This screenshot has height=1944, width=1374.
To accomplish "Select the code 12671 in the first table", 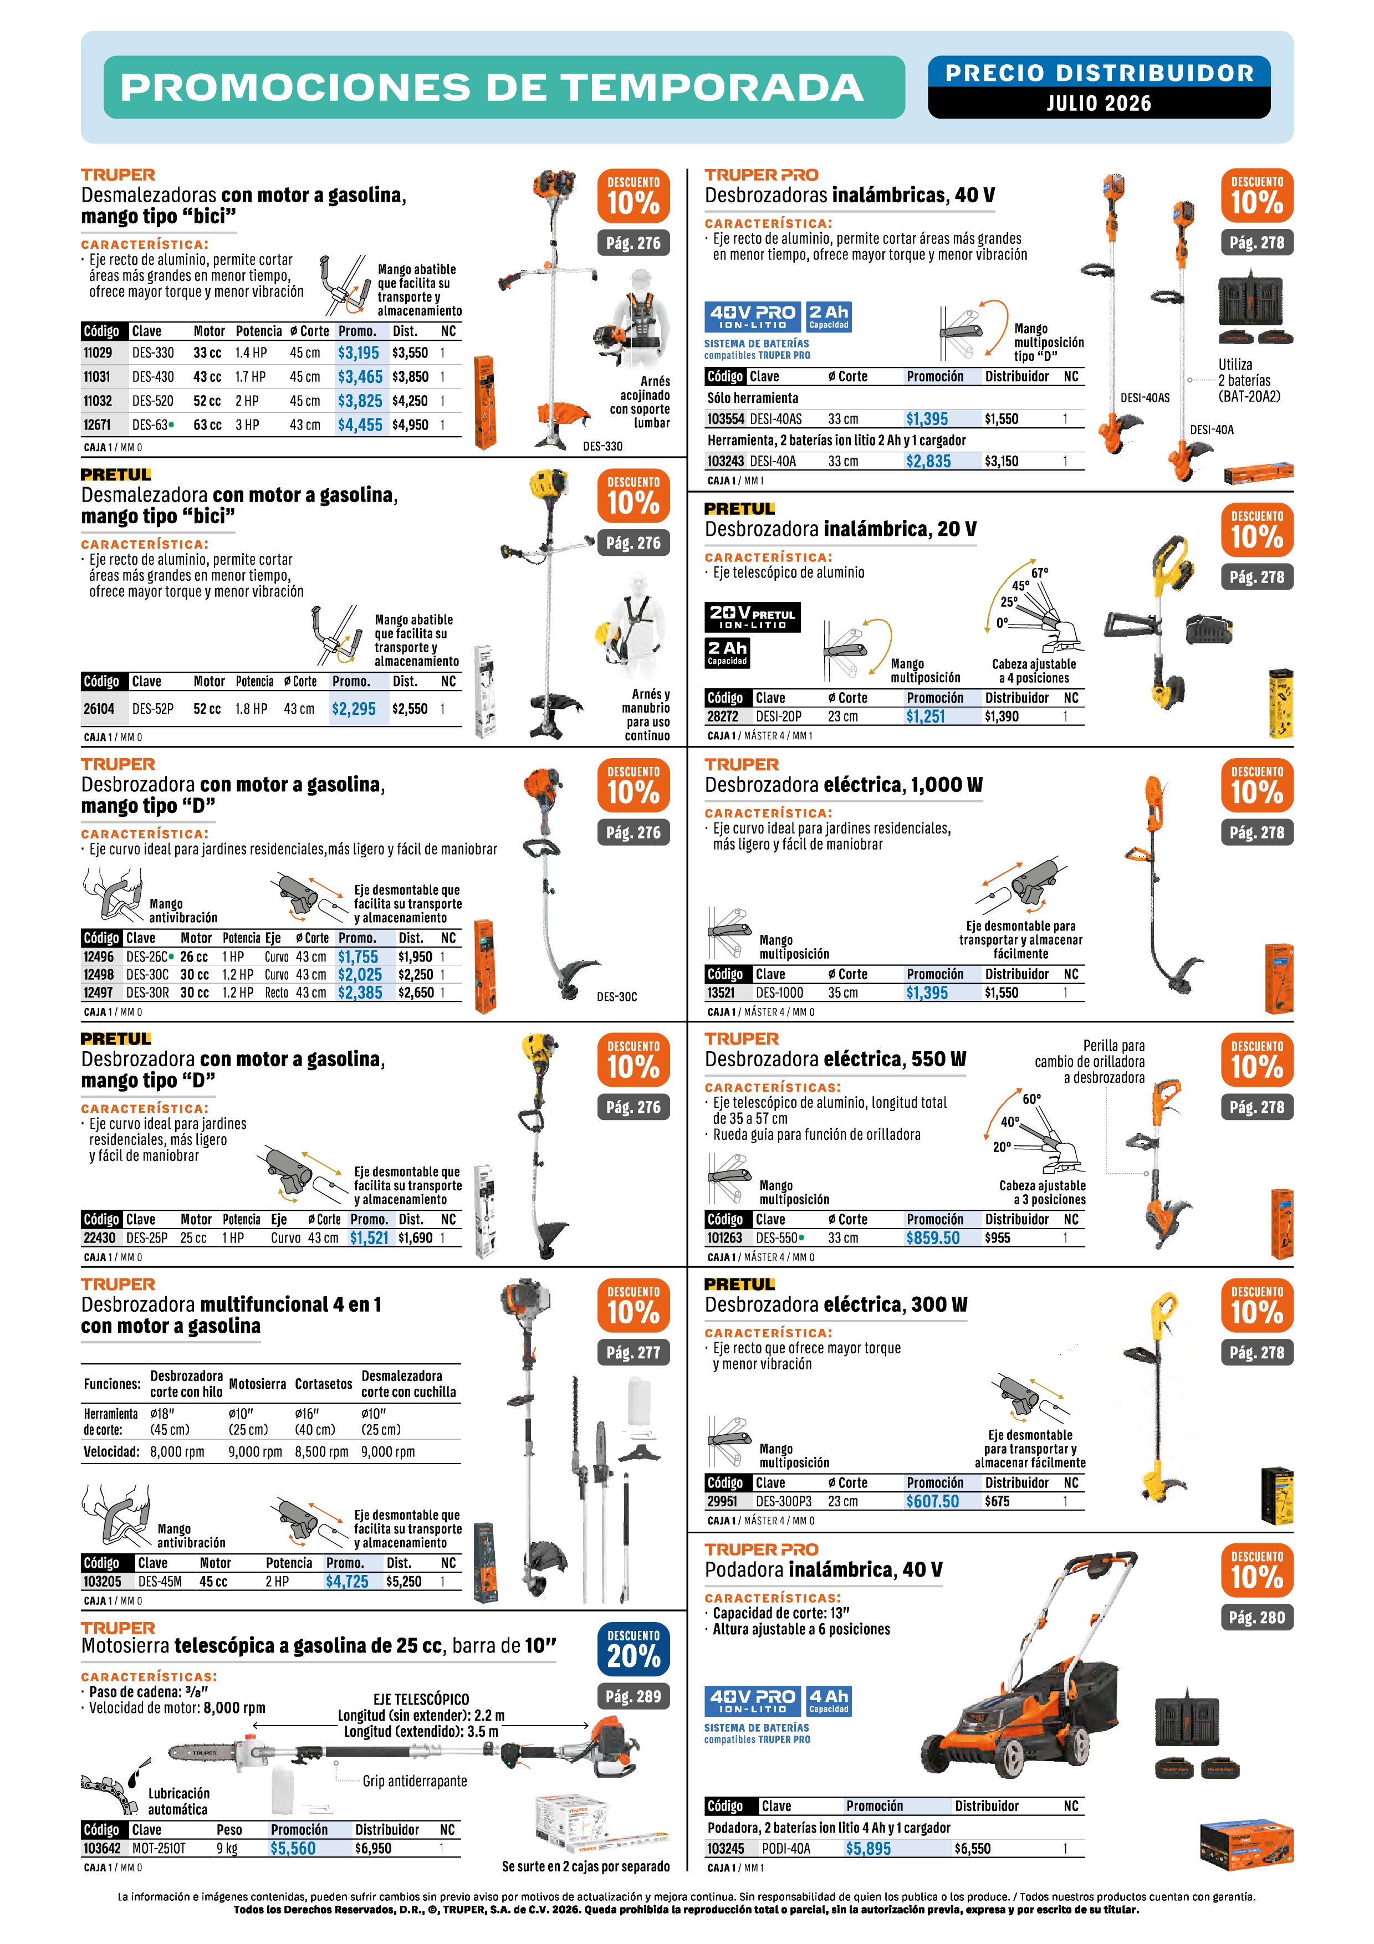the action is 98,425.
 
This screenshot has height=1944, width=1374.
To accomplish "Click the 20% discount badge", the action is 634,1649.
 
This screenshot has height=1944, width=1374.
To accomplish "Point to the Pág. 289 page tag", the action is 634,1696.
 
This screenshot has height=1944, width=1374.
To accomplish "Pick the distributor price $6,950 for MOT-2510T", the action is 374,1848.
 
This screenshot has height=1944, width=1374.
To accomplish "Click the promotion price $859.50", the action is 933,1238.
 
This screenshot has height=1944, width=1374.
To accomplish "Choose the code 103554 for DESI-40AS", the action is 726,419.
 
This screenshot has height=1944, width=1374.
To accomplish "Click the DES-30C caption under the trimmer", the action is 616,996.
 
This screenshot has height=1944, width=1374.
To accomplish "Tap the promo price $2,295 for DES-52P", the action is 354,709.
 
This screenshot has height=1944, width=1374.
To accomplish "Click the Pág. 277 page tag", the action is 634,1352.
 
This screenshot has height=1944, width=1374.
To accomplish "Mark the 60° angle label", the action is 1031,1099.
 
